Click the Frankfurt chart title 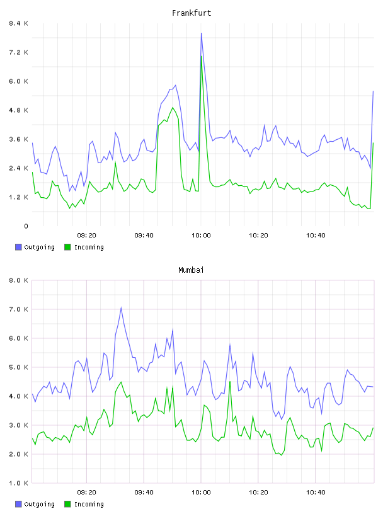(191, 13)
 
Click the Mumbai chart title (191, 270)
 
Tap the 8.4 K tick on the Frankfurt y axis (18, 23)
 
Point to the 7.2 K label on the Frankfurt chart (18, 52)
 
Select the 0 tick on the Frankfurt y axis (26, 226)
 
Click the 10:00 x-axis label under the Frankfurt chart (201, 236)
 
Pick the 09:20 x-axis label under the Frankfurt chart (86, 236)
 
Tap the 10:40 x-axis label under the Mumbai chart (316, 493)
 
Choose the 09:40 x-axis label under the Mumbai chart (144, 493)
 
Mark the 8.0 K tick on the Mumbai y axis (18, 280)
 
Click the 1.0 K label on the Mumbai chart (18, 483)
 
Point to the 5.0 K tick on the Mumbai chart (18, 367)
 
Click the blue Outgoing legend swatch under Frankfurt (18, 247)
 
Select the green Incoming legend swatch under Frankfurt (67, 247)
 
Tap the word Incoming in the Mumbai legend (89, 504)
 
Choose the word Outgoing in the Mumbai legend (39, 504)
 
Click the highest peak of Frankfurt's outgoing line (202, 33)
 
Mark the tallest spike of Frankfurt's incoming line (202, 56)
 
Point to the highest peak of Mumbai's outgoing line (121, 307)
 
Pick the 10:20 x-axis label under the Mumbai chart (258, 493)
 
